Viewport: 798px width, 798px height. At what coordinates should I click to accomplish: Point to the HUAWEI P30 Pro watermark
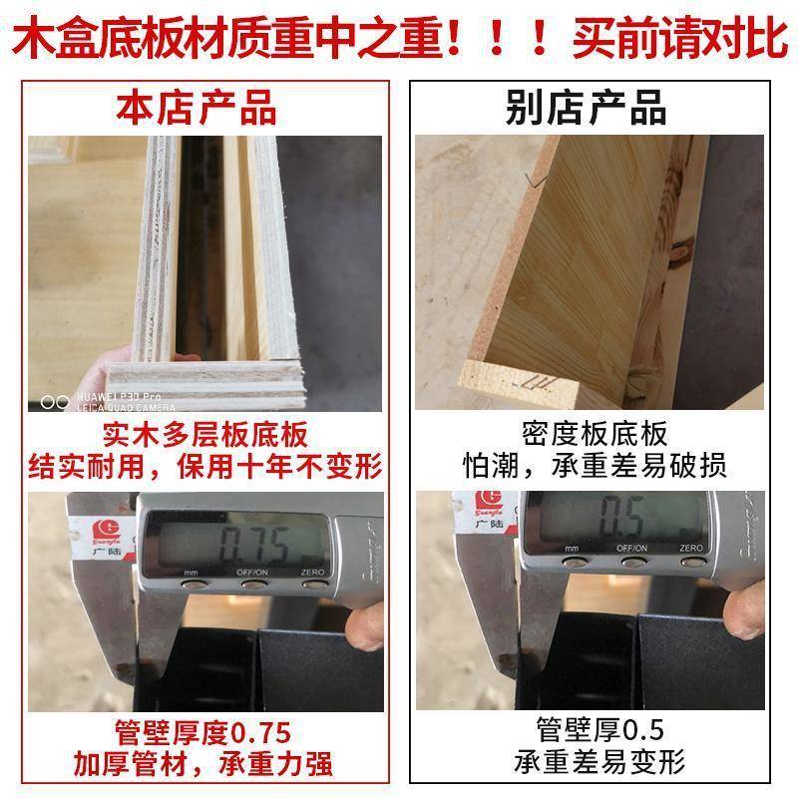tap(123, 397)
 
